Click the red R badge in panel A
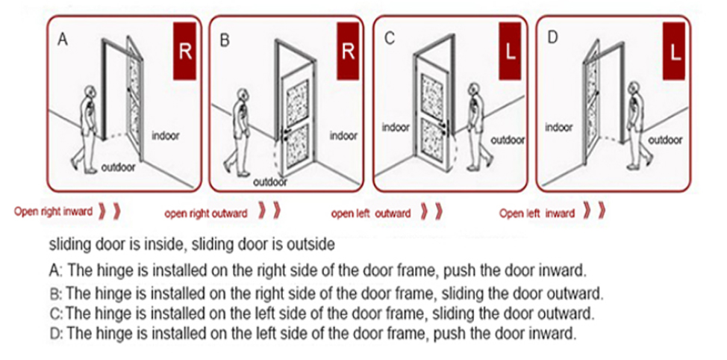pyautogui.click(x=185, y=52)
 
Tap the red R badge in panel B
pyautogui.click(x=347, y=52)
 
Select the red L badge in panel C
pyautogui.click(x=511, y=52)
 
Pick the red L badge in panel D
pyautogui.click(x=674, y=52)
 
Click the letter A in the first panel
pyautogui.click(x=63, y=40)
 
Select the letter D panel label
pyautogui.click(x=552, y=39)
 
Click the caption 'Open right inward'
pyautogui.click(x=54, y=212)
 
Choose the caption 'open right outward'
pyautogui.click(x=206, y=214)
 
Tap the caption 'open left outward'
pyautogui.click(x=371, y=214)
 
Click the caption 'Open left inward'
pyautogui.click(x=537, y=214)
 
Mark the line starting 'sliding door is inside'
pyautogui.click(x=191, y=244)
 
